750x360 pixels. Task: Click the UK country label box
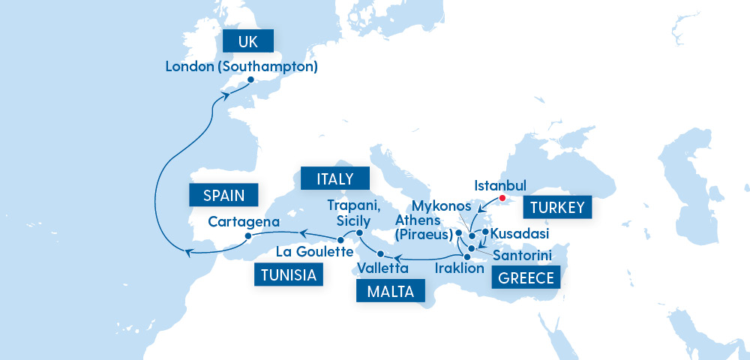click(247, 41)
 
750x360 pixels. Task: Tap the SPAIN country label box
click(224, 196)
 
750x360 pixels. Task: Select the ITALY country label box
click(334, 179)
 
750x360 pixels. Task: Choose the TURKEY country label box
click(557, 208)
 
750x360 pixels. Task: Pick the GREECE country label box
click(526, 279)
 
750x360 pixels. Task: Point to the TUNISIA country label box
click(289, 275)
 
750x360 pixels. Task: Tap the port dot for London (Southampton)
click(250, 80)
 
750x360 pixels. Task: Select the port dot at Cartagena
click(247, 236)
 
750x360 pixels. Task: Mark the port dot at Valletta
click(380, 253)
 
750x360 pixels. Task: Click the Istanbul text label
click(502, 184)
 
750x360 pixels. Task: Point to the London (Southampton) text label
click(241, 66)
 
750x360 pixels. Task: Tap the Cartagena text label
click(244, 221)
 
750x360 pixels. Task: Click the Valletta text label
click(383, 268)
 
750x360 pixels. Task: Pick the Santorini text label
click(523, 256)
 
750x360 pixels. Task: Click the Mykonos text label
click(442, 206)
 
